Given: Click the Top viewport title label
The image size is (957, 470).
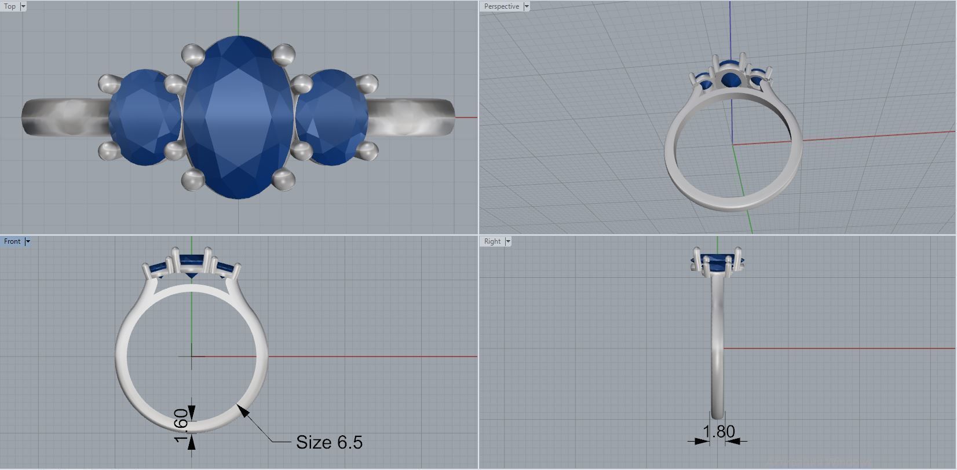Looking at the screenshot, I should [x=10, y=6].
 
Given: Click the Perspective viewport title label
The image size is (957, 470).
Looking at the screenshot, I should [x=501, y=6].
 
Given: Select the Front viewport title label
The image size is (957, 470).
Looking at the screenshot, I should [x=12, y=241].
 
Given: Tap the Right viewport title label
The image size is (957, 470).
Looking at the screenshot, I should [x=492, y=241].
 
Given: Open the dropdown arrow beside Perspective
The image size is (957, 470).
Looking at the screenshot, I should [x=527, y=6].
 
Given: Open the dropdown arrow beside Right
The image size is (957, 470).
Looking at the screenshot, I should [x=508, y=241].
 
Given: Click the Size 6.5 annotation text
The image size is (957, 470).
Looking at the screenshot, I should [x=329, y=442].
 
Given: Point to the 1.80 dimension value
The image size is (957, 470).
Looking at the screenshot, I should [x=718, y=431].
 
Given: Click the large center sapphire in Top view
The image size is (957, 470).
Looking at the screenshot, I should [x=238, y=116].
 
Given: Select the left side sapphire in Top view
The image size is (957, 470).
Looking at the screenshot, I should [x=145, y=117].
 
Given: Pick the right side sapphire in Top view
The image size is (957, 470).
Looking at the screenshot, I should [x=333, y=117].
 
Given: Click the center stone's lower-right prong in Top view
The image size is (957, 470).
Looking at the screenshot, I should [x=283, y=179].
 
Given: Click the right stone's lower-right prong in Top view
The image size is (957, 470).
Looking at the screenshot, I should [x=367, y=152].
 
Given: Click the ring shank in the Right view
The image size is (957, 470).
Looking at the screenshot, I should [x=718, y=359].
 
